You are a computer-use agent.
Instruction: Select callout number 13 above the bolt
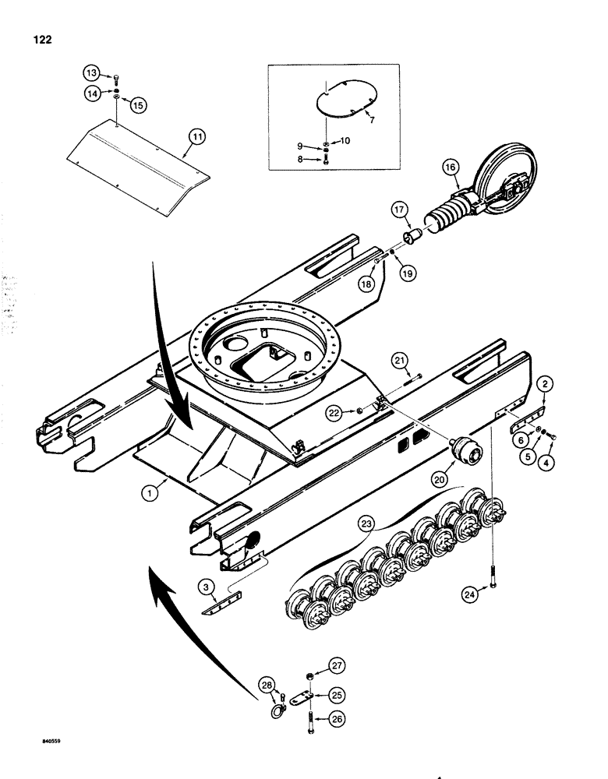pos(93,74)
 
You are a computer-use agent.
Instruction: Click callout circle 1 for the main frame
pos(148,492)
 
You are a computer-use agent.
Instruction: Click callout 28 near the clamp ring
pos(268,685)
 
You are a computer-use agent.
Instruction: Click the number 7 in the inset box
pos(371,121)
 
